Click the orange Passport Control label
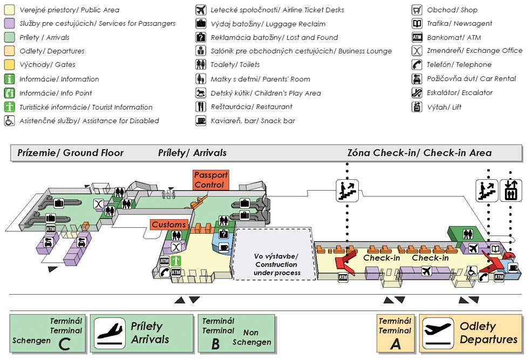212,180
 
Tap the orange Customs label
169,225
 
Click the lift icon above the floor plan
510,191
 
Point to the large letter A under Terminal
395,344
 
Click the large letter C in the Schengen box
65,344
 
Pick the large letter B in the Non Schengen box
215,344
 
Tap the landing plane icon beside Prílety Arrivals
111,333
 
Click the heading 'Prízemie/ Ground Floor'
71,153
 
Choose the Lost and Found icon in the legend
201,37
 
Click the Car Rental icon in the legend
417,79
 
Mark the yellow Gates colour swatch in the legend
9,65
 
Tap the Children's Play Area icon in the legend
201,93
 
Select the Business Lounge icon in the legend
201,51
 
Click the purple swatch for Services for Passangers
9,23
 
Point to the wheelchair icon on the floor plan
471,271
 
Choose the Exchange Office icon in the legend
417,51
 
